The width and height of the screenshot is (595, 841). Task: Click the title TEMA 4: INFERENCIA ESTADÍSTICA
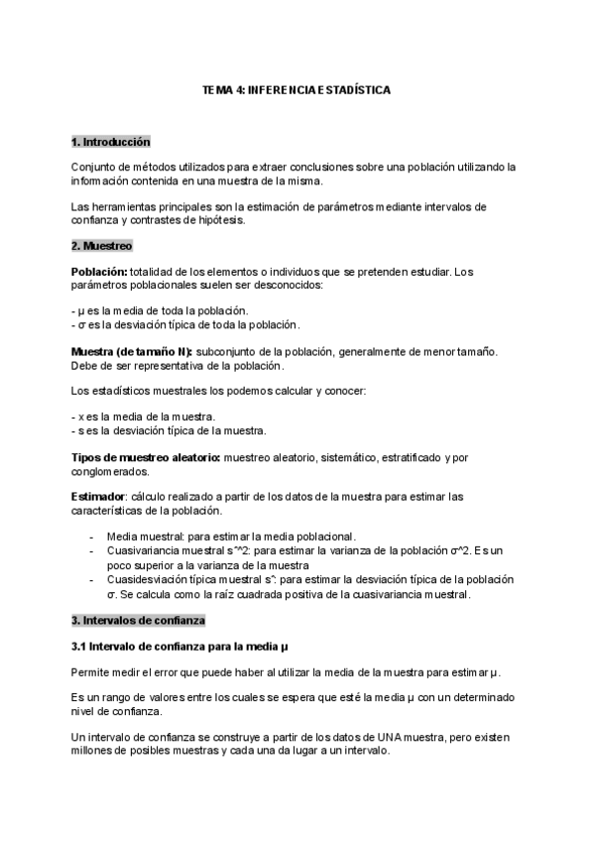pyautogui.click(x=297, y=89)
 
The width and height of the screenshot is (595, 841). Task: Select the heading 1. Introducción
pyautogui.click(x=110, y=142)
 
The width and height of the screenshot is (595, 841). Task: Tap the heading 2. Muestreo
pyautogui.click(x=101, y=245)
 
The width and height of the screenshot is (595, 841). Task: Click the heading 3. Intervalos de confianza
pyautogui.click(x=138, y=620)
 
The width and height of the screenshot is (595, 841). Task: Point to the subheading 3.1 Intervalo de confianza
pyautogui.click(x=179, y=647)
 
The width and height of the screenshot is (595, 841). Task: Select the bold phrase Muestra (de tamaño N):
pyautogui.click(x=132, y=352)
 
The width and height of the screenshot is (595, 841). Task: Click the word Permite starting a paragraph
pyautogui.click(x=91, y=672)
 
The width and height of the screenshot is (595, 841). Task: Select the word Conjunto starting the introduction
pyautogui.click(x=95, y=167)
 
